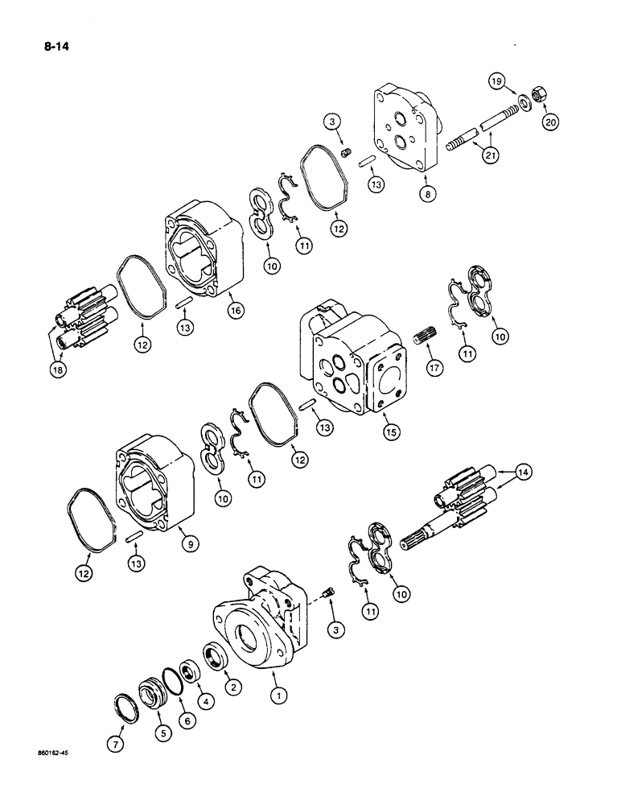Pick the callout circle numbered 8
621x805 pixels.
[x=426, y=193]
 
